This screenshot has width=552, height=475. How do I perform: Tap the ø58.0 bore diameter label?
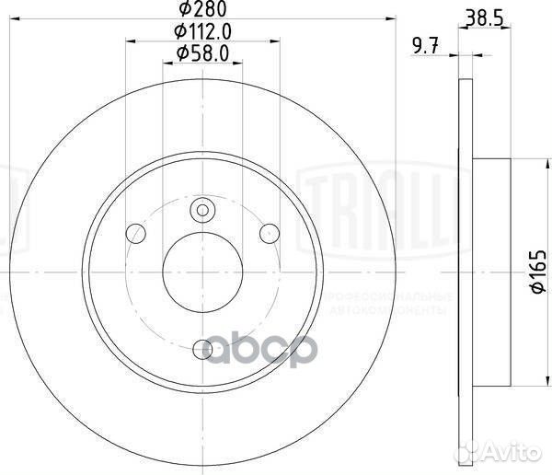point(203,54)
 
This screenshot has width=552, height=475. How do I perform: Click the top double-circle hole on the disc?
point(202,212)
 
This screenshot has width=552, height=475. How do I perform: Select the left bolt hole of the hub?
point(135,230)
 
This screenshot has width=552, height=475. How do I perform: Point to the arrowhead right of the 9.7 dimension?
point(453,54)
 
